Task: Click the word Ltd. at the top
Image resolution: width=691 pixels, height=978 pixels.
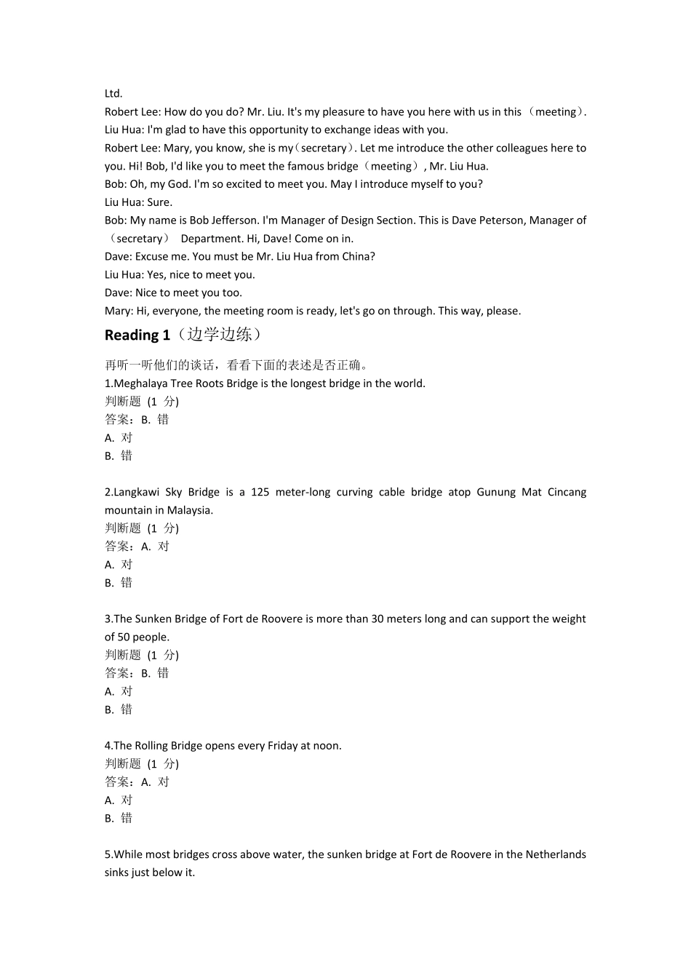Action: tap(113, 93)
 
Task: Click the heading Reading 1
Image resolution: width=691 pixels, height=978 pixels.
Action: tap(137, 335)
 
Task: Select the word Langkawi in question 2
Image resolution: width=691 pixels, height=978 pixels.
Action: tap(136, 492)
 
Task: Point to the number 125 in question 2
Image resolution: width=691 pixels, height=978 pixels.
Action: tap(260, 492)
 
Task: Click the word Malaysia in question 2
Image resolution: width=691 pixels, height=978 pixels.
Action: tap(190, 510)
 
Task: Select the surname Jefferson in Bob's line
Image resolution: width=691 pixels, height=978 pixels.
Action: tap(232, 220)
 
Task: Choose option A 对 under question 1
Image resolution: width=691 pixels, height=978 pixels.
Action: tap(119, 437)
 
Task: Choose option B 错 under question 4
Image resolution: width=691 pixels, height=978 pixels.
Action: tap(119, 818)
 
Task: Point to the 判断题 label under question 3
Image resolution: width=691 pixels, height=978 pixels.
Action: tap(123, 655)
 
